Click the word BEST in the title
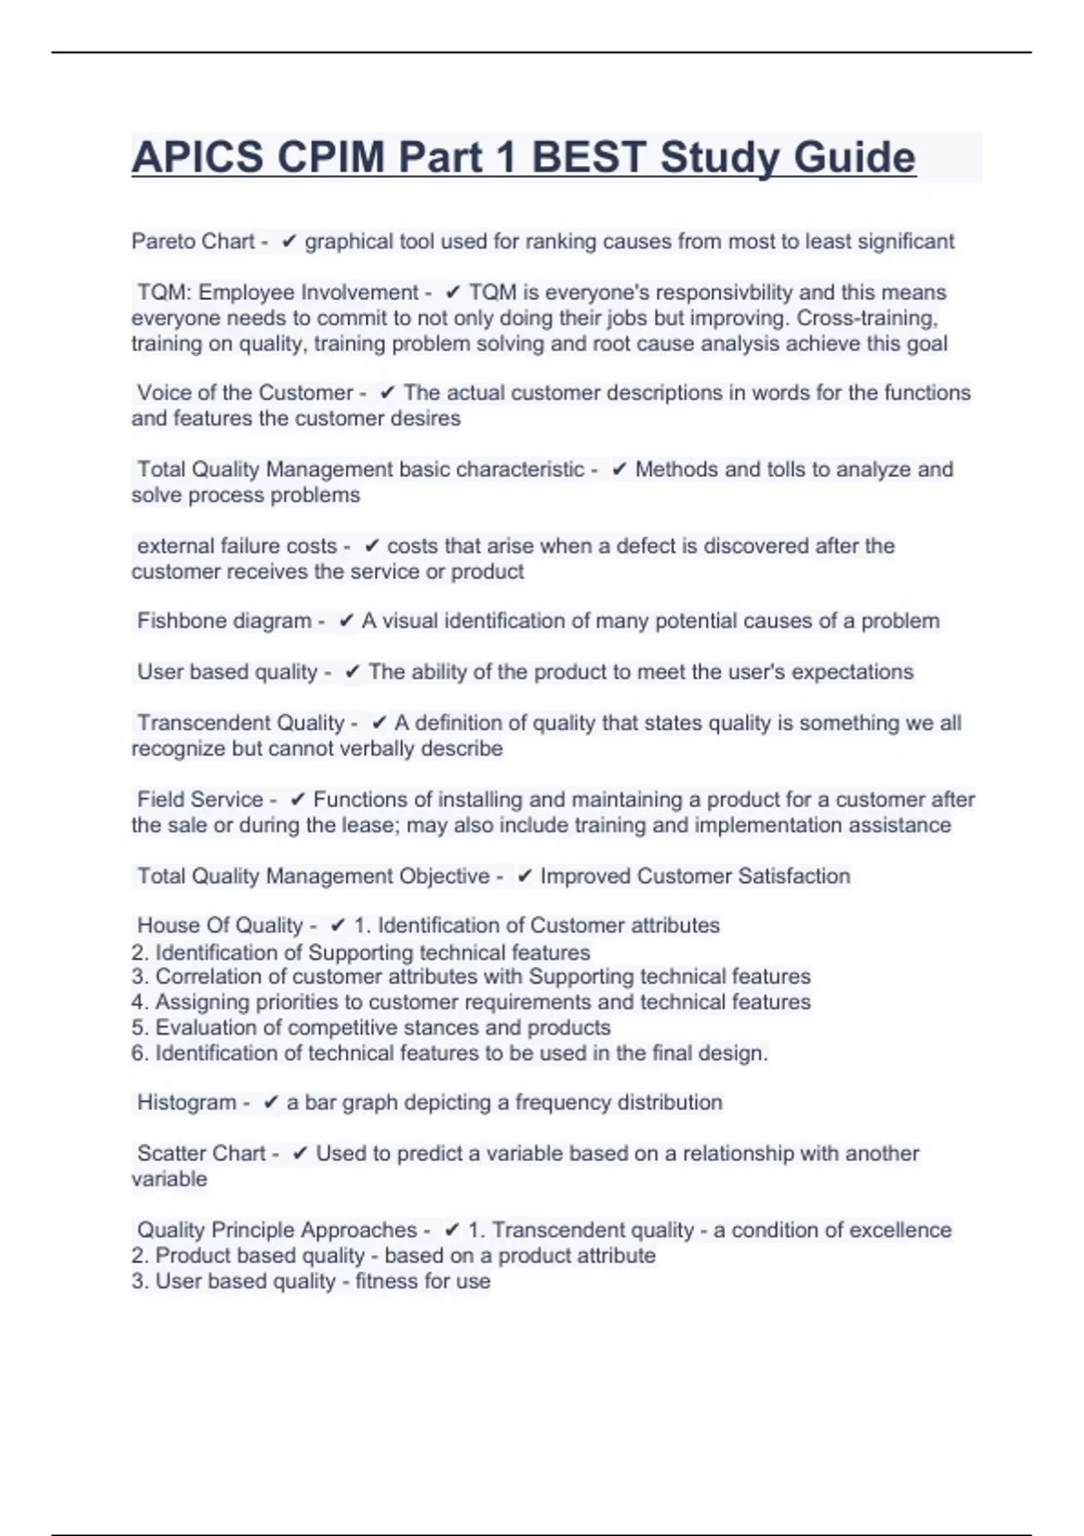pyautogui.click(x=588, y=157)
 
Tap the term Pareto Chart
pyautogui.click(x=193, y=241)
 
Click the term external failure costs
pyautogui.click(x=237, y=546)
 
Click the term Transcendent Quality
pyautogui.click(x=240, y=723)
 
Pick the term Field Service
pyautogui.click(x=200, y=800)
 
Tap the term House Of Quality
pyautogui.click(x=220, y=925)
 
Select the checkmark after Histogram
pyautogui.click(x=270, y=1103)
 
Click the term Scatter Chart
pyautogui.click(x=201, y=1154)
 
